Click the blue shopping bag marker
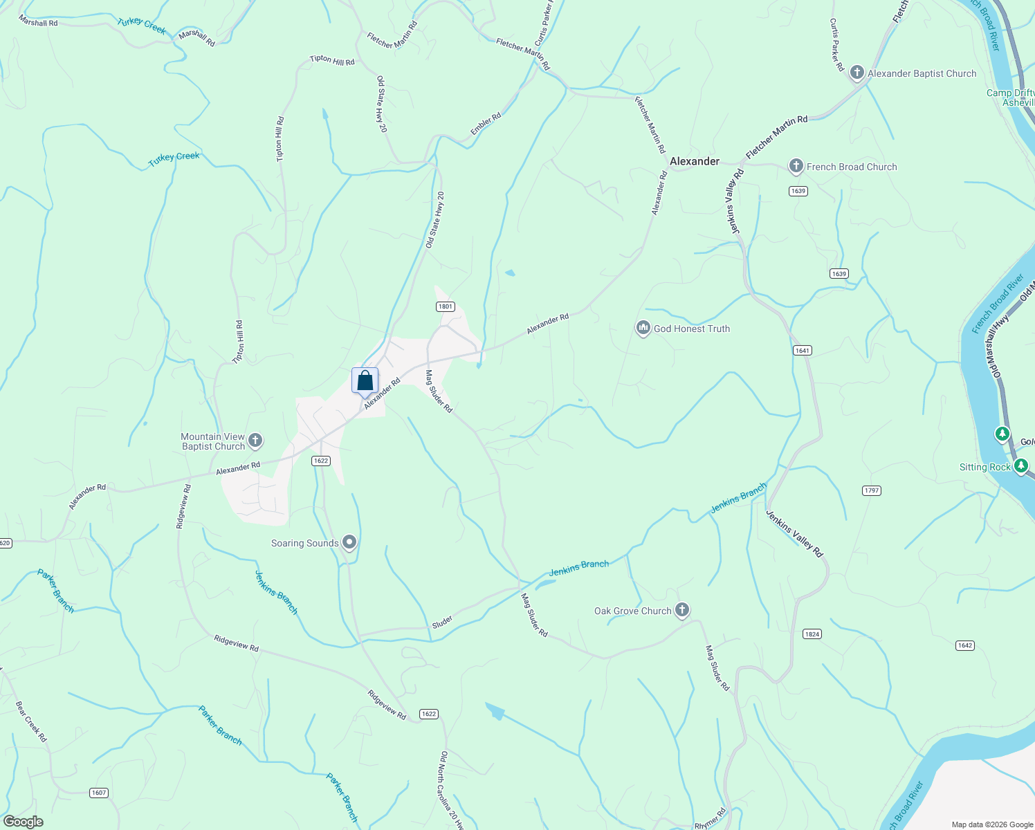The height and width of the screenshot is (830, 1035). coord(365,380)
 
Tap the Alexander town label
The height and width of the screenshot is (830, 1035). coord(695,161)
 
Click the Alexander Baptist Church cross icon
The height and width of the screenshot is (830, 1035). coord(857,73)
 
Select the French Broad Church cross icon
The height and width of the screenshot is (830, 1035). coord(796,166)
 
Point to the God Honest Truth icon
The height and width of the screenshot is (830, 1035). coord(643,328)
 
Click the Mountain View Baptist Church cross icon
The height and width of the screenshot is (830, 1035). coord(255,440)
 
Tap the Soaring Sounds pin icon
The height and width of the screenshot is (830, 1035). coord(349,542)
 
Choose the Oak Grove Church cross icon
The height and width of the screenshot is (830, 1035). coord(682,610)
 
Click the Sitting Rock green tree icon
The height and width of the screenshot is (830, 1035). coord(1020,466)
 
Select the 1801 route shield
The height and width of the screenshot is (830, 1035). coord(445,306)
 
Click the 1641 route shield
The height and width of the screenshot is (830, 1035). coord(802,351)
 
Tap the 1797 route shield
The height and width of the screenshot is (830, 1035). coord(872,490)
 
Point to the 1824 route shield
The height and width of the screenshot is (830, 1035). coord(812,634)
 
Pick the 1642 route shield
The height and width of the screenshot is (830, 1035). coord(965,645)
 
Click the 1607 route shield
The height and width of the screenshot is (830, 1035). coord(99,793)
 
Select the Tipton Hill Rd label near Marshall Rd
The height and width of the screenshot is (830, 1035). coord(332,60)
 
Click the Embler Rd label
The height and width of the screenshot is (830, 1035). coord(486,124)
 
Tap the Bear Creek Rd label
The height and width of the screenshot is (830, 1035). coord(31,721)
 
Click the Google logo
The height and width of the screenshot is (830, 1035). coord(23,822)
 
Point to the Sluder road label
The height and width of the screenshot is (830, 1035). coord(442,621)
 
